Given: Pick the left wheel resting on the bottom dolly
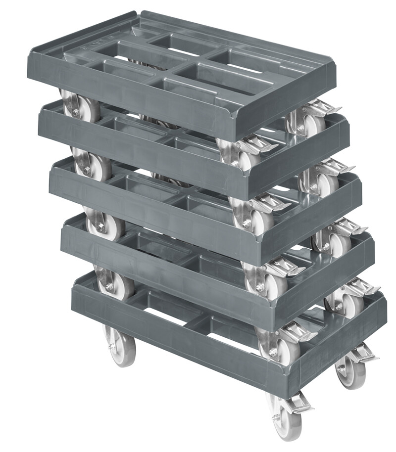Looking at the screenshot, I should click(114, 284).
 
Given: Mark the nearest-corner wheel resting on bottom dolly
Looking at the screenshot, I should click(277, 346).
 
